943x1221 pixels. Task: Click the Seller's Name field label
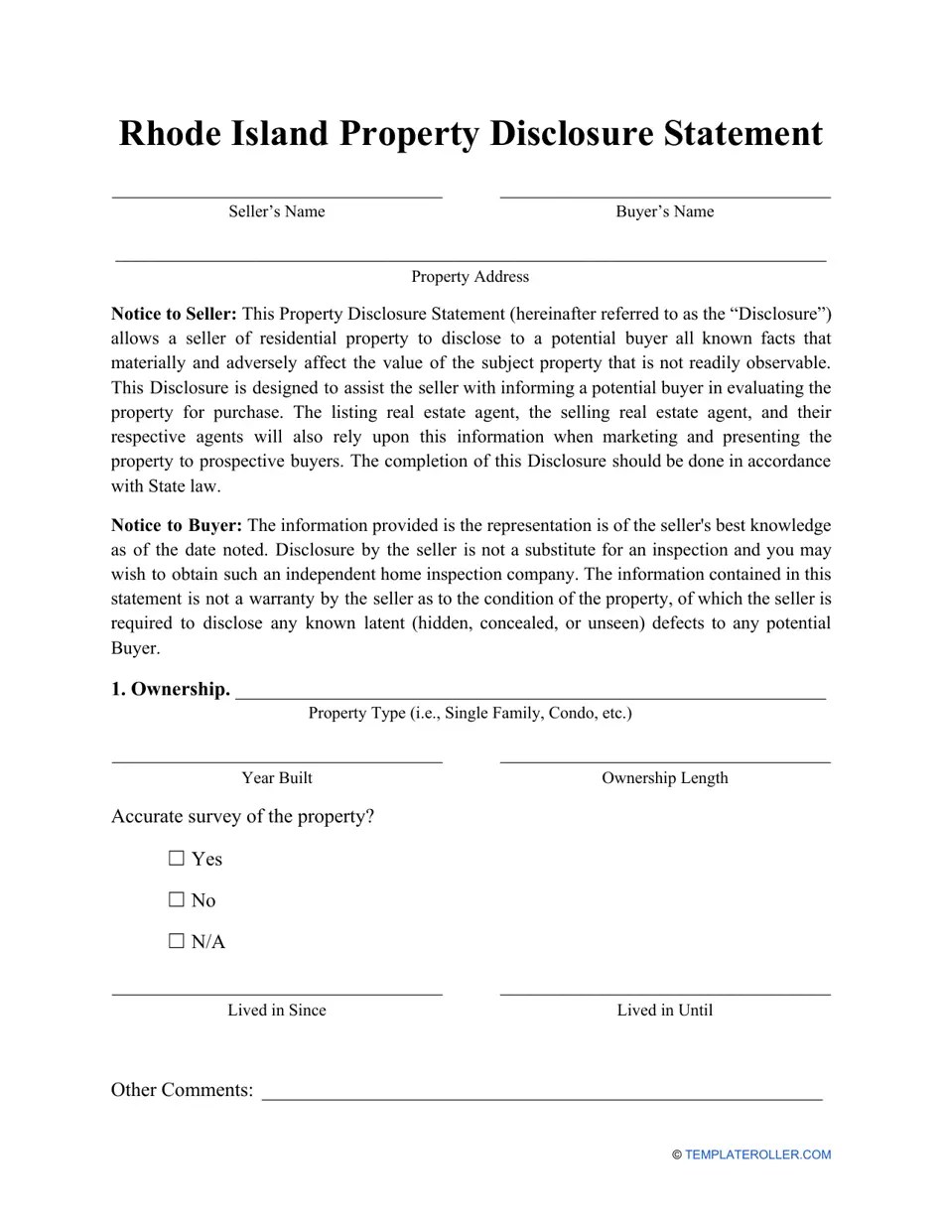point(276,211)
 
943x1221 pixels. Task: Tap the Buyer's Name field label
point(664,211)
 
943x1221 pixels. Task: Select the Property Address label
point(470,277)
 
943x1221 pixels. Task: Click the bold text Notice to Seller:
point(174,315)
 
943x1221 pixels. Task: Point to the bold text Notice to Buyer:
point(176,526)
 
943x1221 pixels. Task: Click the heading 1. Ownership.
point(170,689)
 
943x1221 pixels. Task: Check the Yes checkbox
point(177,859)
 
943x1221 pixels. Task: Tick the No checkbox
point(177,900)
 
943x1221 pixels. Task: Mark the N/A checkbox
point(177,942)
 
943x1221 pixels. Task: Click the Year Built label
point(276,778)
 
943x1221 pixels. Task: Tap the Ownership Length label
point(664,778)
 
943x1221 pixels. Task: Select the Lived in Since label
point(276,1011)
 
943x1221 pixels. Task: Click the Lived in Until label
point(664,1011)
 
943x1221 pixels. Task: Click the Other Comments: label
point(182,1090)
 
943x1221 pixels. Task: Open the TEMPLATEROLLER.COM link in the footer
point(757,1154)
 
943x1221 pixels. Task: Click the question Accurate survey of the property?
point(242,817)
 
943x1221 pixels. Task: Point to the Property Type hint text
point(470,714)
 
